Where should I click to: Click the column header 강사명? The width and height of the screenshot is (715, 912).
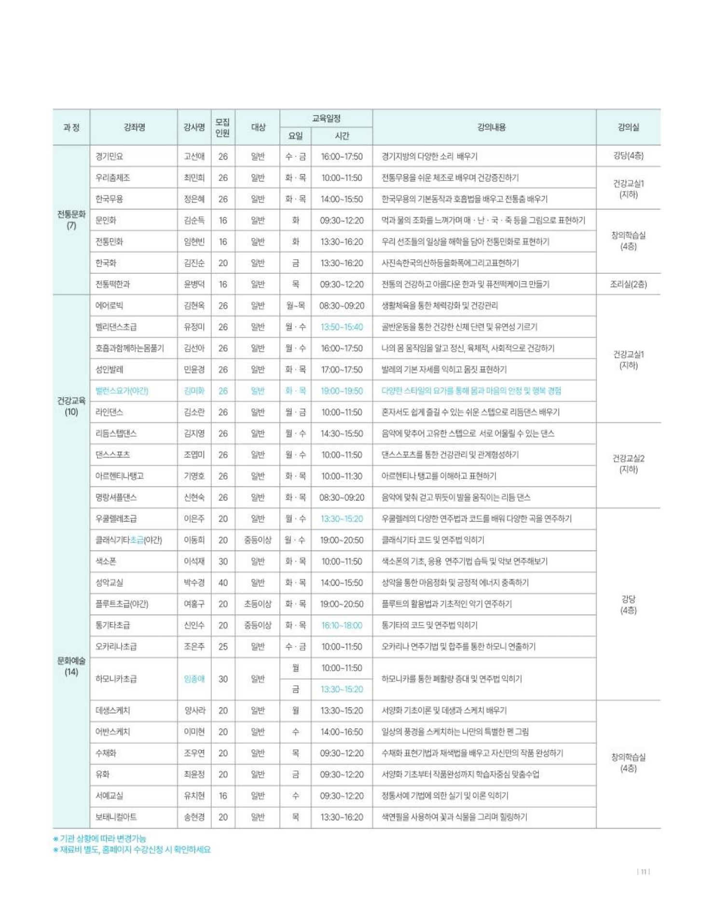pyautogui.click(x=194, y=127)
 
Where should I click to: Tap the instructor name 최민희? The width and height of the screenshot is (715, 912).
pyautogui.click(x=194, y=178)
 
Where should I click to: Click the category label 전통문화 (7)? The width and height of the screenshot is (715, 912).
pyautogui.click(x=71, y=220)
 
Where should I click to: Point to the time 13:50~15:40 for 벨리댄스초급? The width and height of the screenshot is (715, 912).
pyautogui.click(x=342, y=327)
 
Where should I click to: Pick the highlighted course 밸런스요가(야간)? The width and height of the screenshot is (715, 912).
pyautogui.click(x=122, y=391)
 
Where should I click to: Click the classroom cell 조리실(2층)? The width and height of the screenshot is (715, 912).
pyautogui.click(x=628, y=284)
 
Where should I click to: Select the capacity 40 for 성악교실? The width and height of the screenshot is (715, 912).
pyautogui.click(x=223, y=582)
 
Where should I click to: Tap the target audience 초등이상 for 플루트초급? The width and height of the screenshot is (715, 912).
pyautogui.click(x=258, y=604)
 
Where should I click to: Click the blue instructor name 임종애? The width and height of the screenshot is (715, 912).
pyautogui.click(x=194, y=679)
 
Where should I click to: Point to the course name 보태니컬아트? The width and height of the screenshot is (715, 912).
pyautogui.click(x=116, y=817)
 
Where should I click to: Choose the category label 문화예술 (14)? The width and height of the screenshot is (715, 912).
pyautogui.click(x=71, y=666)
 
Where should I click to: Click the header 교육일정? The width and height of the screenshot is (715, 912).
pyautogui.click(x=326, y=118)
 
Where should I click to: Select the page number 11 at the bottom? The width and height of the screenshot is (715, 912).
pyautogui.click(x=644, y=872)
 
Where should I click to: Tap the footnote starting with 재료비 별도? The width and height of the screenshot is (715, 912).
pyautogui.click(x=132, y=850)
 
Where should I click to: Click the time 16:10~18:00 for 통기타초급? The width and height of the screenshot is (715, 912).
pyautogui.click(x=342, y=625)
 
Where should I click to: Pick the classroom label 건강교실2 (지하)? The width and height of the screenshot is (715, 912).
pyautogui.click(x=628, y=464)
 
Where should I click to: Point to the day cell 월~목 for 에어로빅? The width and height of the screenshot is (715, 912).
pyautogui.click(x=295, y=305)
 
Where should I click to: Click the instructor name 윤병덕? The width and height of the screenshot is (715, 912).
pyautogui.click(x=194, y=284)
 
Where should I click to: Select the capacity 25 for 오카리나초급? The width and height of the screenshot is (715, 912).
pyautogui.click(x=223, y=647)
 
